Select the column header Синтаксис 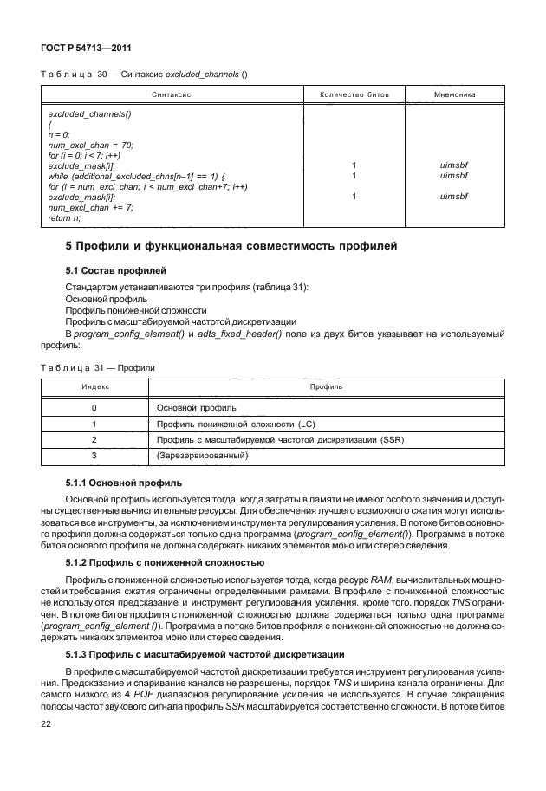pyautogui.click(x=172, y=94)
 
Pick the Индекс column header pyautogui.click(x=94, y=386)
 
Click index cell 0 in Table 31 pyautogui.click(x=94, y=407)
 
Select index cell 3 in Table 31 pyautogui.click(x=94, y=455)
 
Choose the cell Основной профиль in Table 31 pyautogui.click(x=197, y=407)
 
